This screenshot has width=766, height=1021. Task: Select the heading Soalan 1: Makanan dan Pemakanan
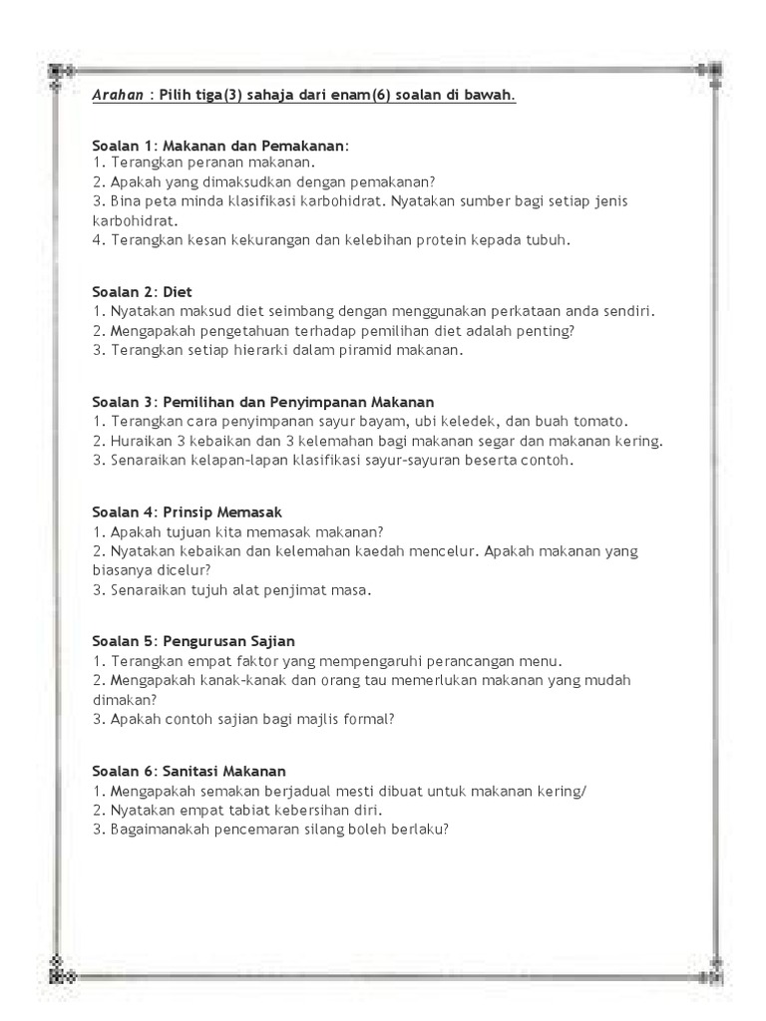point(220,146)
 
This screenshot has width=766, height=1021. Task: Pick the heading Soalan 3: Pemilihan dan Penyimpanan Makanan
point(263,402)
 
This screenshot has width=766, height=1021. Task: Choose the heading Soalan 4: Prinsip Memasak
point(188,511)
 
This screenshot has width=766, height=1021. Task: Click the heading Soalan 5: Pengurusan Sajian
point(193,640)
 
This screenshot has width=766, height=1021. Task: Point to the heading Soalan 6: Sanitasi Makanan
point(189,771)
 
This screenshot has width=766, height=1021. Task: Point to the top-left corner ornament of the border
point(59,72)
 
